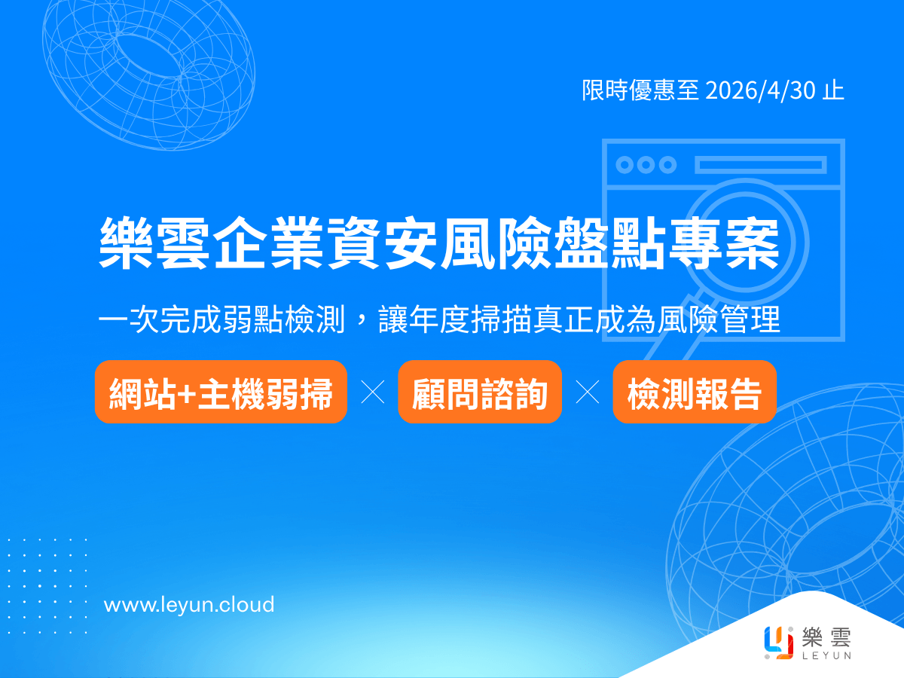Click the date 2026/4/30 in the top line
(x=760, y=90)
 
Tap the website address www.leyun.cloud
(x=189, y=604)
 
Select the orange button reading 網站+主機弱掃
(x=221, y=392)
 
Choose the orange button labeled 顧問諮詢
(x=480, y=392)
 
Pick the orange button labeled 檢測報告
(x=695, y=392)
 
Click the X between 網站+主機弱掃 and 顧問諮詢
(x=373, y=392)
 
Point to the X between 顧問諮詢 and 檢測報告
(x=588, y=392)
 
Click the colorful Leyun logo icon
(x=778, y=643)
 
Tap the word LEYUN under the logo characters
(x=826, y=655)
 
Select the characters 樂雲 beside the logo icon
(x=826, y=637)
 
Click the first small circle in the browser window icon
(x=625, y=165)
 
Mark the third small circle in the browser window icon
(x=667, y=165)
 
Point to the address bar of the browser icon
(x=761, y=165)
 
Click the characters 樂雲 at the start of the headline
(x=154, y=243)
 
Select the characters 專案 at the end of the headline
(x=724, y=243)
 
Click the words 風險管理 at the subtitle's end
(x=719, y=319)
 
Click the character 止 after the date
(x=833, y=90)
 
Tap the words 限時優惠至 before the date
(x=640, y=90)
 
